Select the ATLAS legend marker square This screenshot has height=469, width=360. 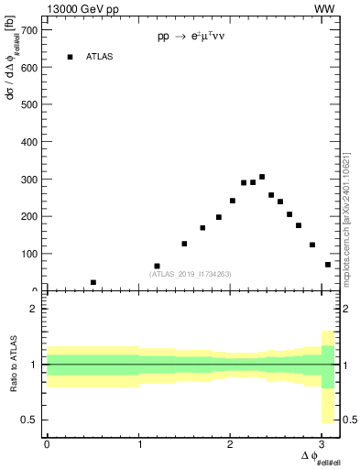point(70,57)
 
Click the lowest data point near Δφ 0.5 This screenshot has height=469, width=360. point(93,282)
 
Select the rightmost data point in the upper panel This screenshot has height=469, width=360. point(327,265)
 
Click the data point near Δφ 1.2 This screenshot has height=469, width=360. point(158,266)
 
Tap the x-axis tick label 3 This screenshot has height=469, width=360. point(324,444)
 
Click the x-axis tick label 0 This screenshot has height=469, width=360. point(47,444)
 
